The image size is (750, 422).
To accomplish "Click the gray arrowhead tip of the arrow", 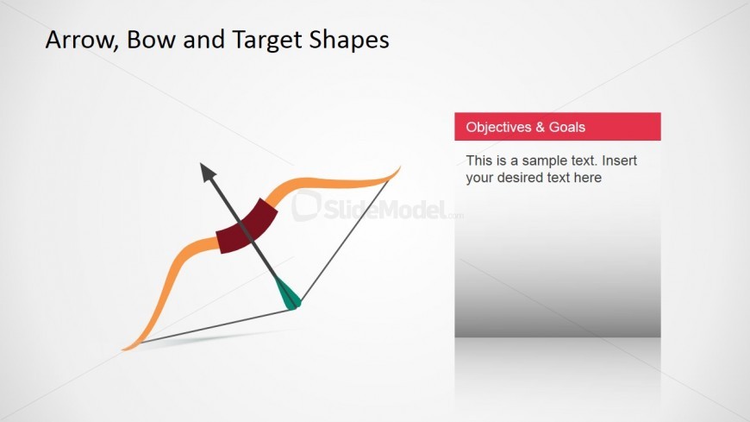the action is coord(201,164).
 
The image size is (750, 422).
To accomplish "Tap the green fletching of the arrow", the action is coord(288,293).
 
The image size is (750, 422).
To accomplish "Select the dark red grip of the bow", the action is coord(247,225).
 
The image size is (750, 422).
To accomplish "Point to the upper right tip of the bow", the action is coord(400,167).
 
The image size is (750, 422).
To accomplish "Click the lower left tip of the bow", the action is coord(122,350).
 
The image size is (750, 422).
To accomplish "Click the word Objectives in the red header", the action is coord(499,128).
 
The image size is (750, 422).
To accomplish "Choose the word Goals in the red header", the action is coord(566,128).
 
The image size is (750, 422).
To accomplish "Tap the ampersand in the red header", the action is coord(540,128).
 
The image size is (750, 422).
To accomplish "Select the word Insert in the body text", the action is coord(620,160).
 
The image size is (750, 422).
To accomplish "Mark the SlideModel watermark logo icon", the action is coord(306,205).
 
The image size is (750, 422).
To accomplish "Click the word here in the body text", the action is coord(588,178).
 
